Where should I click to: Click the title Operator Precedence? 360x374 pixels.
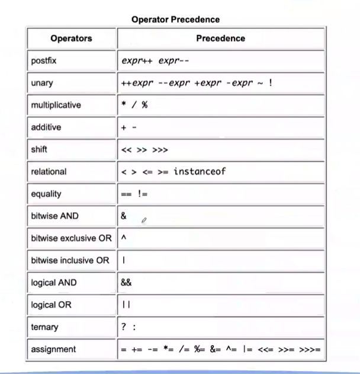pyautogui.click(x=175, y=20)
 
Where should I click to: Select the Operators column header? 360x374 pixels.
pyautogui.click(x=71, y=39)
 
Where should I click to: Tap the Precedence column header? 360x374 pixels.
pyautogui.click(x=220, y=39)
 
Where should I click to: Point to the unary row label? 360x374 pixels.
pyautogui.click(x=41, y=83)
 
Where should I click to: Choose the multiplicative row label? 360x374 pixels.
pyautogui.click(x=56, y=105)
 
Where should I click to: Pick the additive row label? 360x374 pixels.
pyautogui.click(x=46, y=127)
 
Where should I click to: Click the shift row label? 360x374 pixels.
pyautogui.click(x=38, y=149)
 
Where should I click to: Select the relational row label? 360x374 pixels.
pyautogui.click(x=49, y=171)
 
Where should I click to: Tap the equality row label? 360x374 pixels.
pyautogui.click(x=46, y=194)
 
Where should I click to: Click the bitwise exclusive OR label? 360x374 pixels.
pyautogui.click(x=71, y=238)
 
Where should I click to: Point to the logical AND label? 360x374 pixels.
pyautogui.click(x=53, y=283)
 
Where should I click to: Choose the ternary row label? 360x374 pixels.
pyautogui.click(x=44, y=327)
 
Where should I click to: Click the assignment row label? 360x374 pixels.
pyautogui.click(x=53, y=349)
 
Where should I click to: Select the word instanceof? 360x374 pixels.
pyautogui.click(x=200, y=171)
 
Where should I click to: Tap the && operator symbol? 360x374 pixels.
pyautogui.click(x=126, y=283)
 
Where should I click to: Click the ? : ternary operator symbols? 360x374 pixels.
pyautogui.click(x=128, y=327)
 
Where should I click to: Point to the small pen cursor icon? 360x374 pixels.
pyautogui.click(x=144, y=220)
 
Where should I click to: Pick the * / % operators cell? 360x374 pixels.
pyautogui.click(x=134, y=105)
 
